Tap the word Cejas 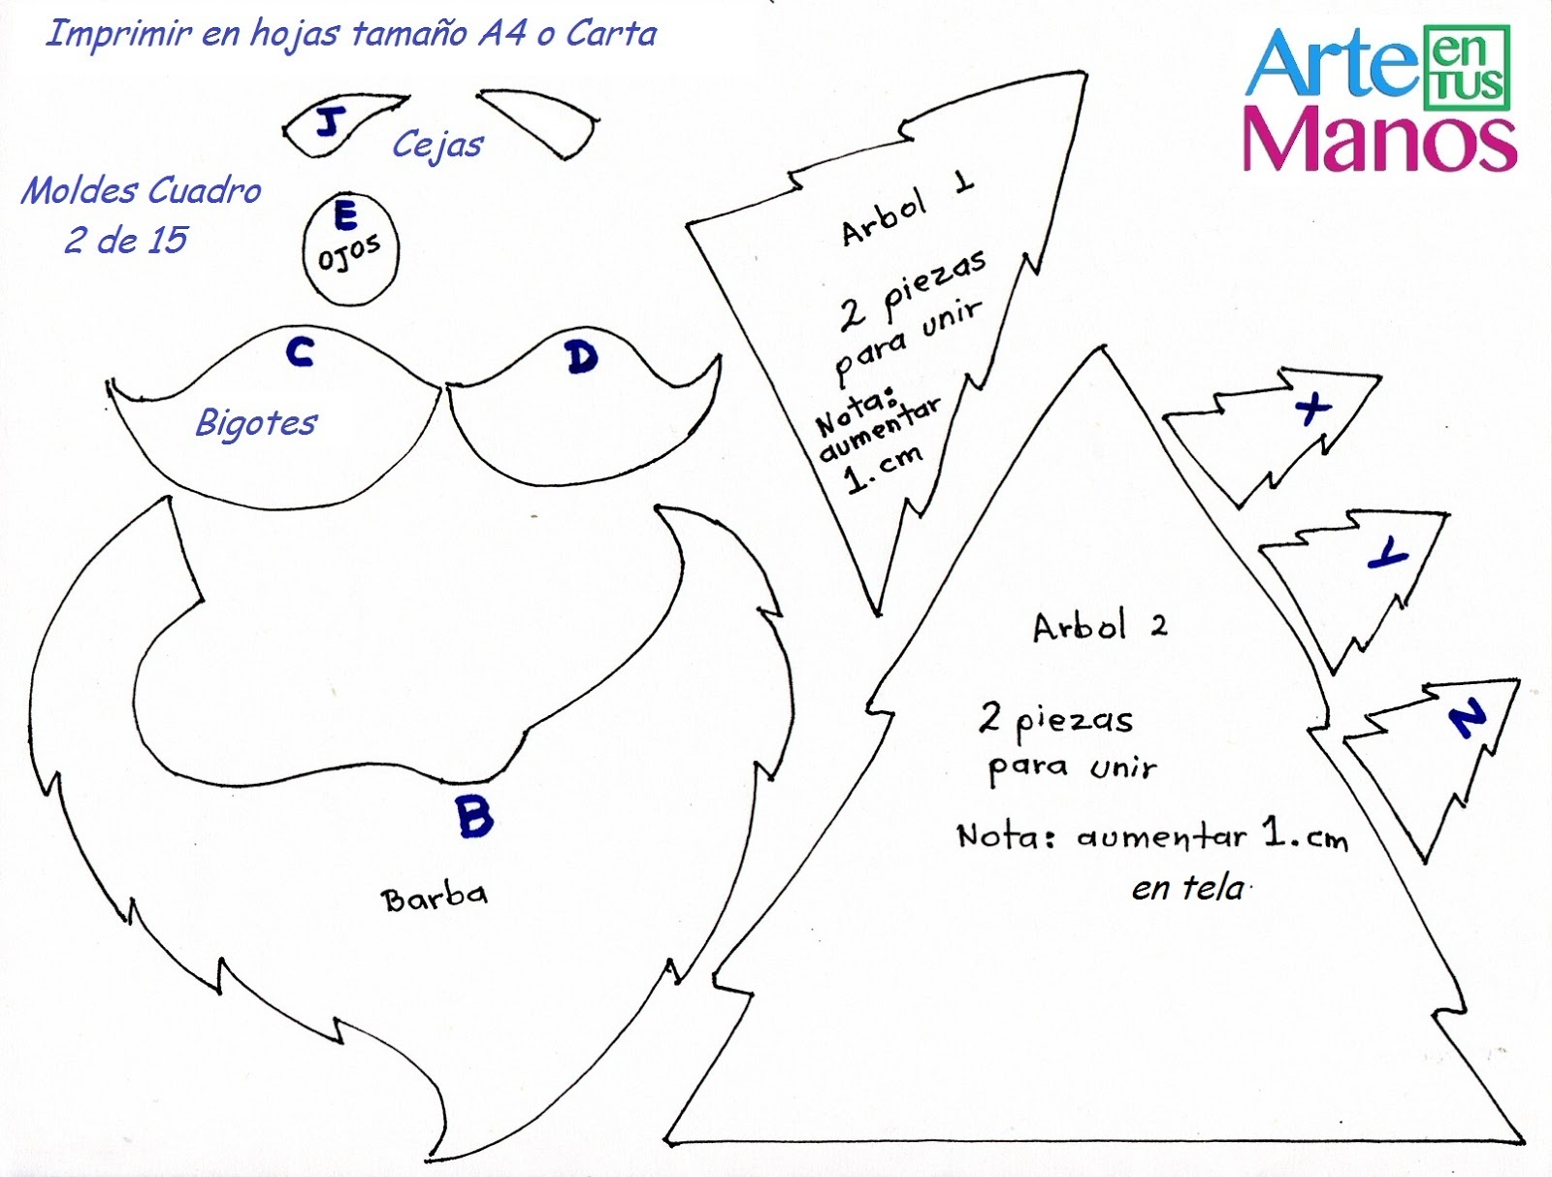[x=437, y=146]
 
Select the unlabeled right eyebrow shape [x=539, y=121]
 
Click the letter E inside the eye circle [x=345, y=215]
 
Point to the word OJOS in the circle [x=349, y=253]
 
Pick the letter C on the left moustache [x=301, y=351]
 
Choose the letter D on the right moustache [x=581, y=358]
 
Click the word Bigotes [x=256, y=423]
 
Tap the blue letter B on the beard [x=474, y=816]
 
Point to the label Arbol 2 [x=1099, y=627]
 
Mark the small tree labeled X [x=1280, y=427]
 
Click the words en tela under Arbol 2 [x=1187, y=888]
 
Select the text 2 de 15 [x=126, y=241]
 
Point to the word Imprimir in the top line [x=118, y=34]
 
